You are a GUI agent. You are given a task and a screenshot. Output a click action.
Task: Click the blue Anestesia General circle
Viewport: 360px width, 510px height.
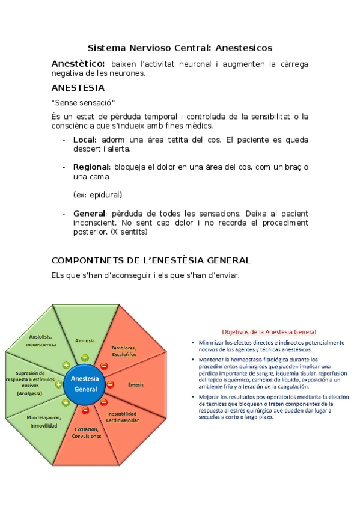(x=85, y=384)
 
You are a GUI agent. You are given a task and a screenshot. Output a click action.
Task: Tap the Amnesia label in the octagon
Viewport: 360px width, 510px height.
(x=85, y=340)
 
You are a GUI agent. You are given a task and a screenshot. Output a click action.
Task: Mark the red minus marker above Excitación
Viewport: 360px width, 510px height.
(x=85, y=410)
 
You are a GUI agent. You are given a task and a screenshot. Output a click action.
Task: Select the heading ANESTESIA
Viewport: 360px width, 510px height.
(x=78, y=87)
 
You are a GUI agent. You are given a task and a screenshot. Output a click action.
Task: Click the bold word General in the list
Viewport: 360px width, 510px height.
(x=88, y=213)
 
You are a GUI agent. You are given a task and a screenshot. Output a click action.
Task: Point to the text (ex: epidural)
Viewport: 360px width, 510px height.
(x=97, y=195)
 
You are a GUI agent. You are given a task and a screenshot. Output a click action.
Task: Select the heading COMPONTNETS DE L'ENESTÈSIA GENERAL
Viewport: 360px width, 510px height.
(x=151, y=260)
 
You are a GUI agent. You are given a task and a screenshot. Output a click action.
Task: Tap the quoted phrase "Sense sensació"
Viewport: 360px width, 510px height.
(x=84, y=102)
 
